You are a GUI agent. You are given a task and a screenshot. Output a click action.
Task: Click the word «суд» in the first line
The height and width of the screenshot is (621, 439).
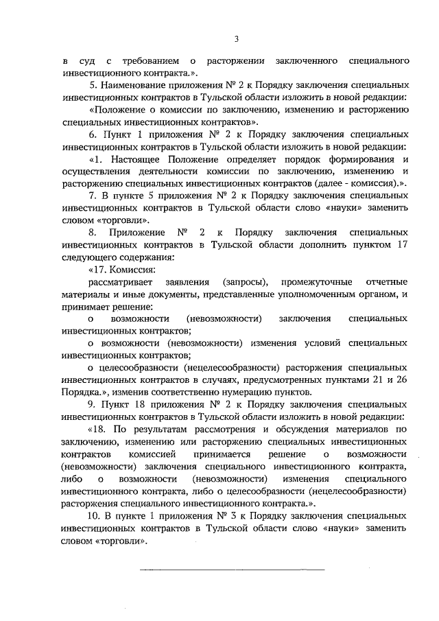click(x=95, y=62)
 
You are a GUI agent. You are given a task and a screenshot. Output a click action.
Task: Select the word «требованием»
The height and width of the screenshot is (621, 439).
click(x=147, y=62)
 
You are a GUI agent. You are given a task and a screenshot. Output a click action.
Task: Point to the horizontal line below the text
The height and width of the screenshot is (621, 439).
click(x=233, y=569)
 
